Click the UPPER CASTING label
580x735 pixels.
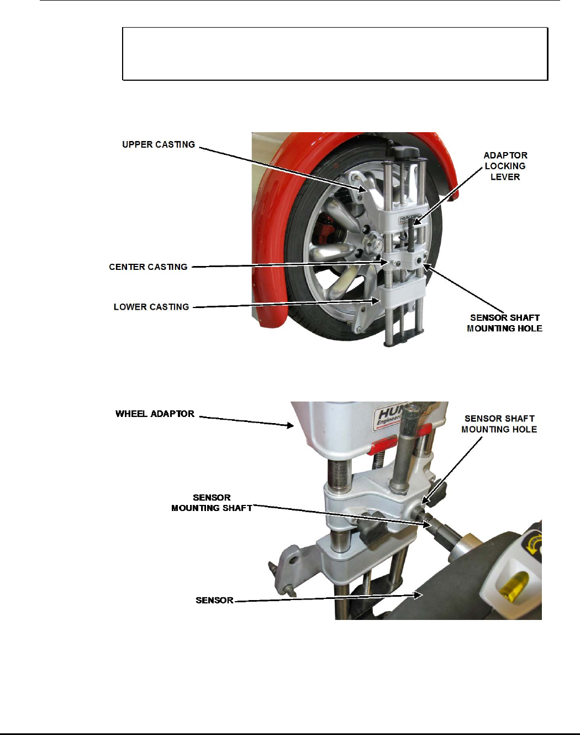pos(159,145)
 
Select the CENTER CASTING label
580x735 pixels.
pos(148,267)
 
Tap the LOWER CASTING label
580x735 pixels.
pos(151,307)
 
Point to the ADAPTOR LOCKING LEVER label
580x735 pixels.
pos(505,166)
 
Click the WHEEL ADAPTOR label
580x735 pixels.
pos(155,414)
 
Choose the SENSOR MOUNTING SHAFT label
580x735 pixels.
pos(212,503)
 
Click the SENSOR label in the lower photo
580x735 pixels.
pos(214,600)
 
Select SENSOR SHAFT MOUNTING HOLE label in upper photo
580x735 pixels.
pos(504,323)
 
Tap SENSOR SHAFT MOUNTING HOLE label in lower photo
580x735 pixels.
pos(499,424)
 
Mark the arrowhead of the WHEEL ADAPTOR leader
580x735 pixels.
pos(293,425)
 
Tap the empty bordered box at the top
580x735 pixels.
pos(335,54)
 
